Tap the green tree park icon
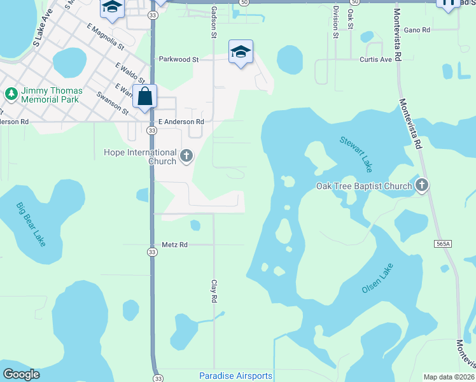(11, 94)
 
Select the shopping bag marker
(145, 97)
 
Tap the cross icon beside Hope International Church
(186, 155)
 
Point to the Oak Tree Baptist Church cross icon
(421, 186)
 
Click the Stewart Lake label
(356, 154)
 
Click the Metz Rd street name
(174, 244)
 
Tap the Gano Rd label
(417, 30)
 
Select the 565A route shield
(444, 243)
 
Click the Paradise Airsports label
(235, 376)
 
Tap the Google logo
(21, 374)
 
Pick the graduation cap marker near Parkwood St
(241, 52)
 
